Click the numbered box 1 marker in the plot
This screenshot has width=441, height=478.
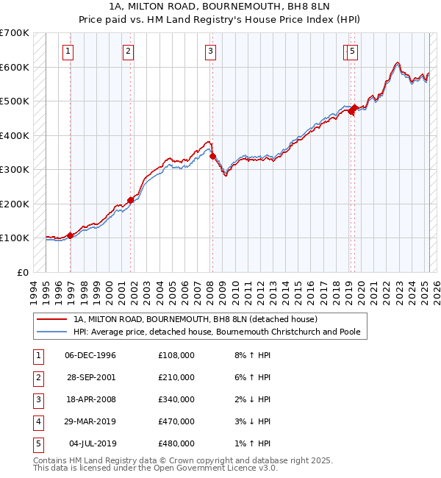tap(68, 51)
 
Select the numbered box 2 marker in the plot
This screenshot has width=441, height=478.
tap(128, 51)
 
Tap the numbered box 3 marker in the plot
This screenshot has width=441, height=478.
tap(210, 51)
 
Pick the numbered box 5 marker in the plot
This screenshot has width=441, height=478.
tap(353, 51)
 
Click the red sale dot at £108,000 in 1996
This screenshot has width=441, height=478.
tap(71, 235)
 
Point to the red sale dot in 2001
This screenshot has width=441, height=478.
tap(131, 200)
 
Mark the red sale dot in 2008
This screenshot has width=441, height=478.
tap(212, 156)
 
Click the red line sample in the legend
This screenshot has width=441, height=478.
tap(52, 320)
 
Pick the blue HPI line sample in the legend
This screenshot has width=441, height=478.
tap(52, 332)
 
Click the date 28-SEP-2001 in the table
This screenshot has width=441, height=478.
tap(90, 377)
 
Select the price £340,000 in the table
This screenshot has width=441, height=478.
tap(176, 399)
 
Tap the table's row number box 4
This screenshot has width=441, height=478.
tap(37, 421)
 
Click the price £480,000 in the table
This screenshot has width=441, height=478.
tap(176, 443)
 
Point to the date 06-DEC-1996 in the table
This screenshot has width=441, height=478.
tap(90, 355)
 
